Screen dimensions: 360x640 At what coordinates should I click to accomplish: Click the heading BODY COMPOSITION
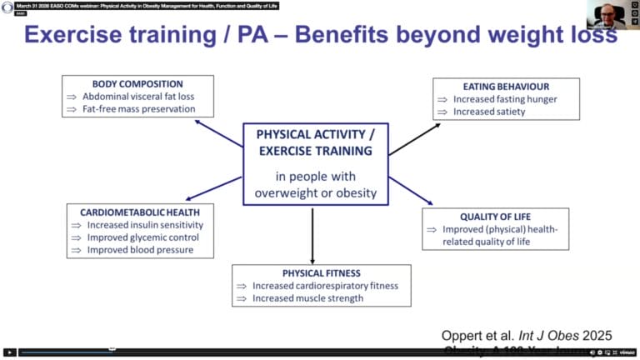[x=138, y=84]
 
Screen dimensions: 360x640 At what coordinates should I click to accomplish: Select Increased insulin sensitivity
[x=144, y=225]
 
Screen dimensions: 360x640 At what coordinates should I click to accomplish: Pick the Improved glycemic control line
[x=142, y=237]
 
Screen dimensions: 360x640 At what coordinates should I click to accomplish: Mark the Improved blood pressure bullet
[x=140, y=250]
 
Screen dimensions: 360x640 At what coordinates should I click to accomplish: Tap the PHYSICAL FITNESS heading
[x=320, y=272]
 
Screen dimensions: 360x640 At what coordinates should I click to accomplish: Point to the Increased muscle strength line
[x=307, y=298]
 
